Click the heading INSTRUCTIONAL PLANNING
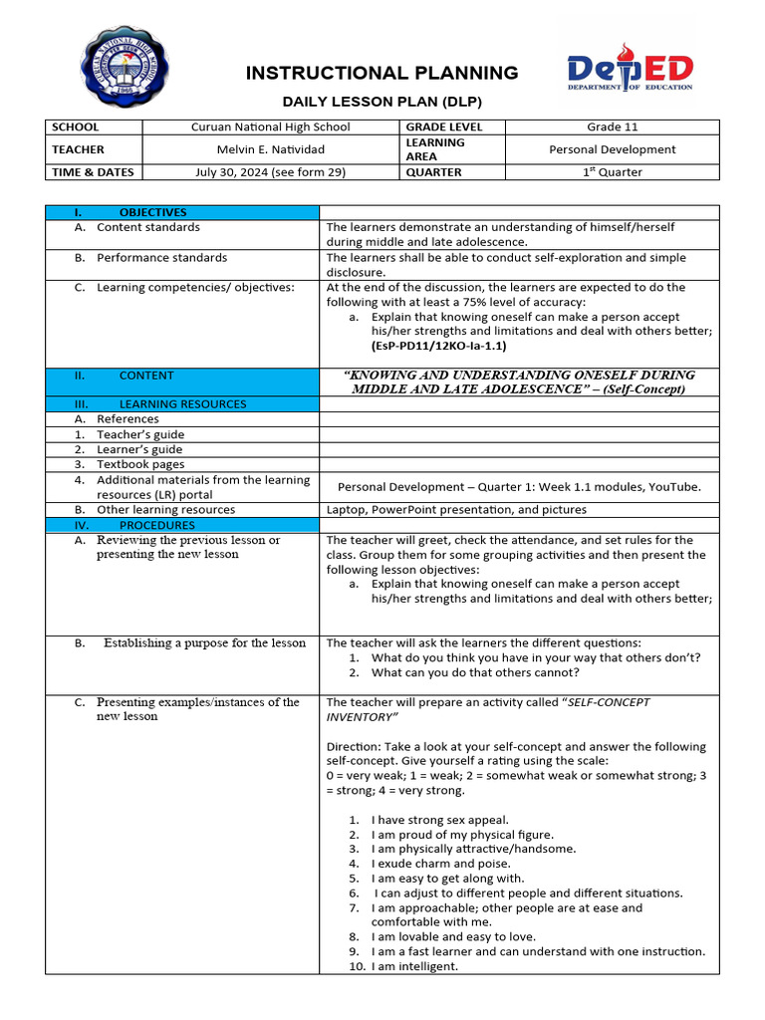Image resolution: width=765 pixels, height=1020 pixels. (382, 73)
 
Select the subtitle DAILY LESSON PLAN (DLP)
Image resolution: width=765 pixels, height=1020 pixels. (382, 102)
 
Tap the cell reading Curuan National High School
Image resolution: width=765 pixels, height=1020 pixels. (270, 127)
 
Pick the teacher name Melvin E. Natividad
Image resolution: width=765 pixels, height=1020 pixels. (270, 149)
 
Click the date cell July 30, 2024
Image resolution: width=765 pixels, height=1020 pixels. (270, 171)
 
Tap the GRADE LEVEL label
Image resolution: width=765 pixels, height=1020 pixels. (443, 127)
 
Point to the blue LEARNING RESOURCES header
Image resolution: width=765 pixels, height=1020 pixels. (182, 403)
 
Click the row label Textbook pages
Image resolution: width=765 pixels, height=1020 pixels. (140, 464)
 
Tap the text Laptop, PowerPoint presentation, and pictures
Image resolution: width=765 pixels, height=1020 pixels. (456, 509)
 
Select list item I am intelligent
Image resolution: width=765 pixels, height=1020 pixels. (413, 966)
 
